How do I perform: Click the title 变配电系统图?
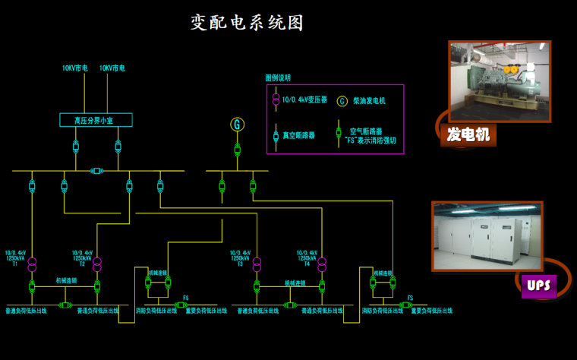(x=247, y=23)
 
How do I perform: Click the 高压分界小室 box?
(x=96, y=120)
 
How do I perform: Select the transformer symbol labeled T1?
(x=33, y=264)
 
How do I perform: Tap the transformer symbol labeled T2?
(x=97, y=264)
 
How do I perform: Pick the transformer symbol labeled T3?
(x=257, y=264)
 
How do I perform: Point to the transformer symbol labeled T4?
(x=322, y=264)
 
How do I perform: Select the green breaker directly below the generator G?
(x=237, y=148)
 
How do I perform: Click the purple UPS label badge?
(x=539, y=286)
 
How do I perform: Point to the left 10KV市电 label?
(x=75, y=68)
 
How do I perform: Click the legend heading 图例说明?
(x=278, y=77)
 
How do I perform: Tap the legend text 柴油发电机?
(x=370, y=100)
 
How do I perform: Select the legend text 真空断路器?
(x=299, y=136)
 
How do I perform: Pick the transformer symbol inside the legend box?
(x=275, y=99)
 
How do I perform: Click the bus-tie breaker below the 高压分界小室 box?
(x=96, y=171)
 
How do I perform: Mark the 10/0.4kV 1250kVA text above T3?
(x=241, y=256)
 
